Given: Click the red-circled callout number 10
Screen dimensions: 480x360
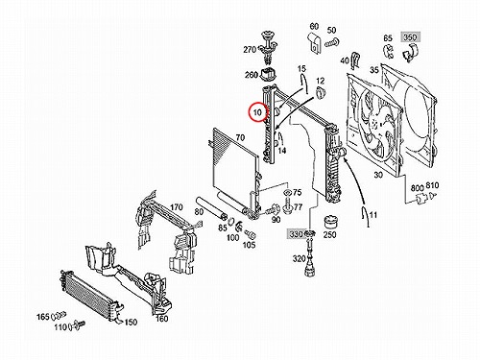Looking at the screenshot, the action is tap(257, 112).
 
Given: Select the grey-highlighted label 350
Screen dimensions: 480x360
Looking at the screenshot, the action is tap(410, 37).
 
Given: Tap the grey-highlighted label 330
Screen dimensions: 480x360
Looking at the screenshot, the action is tap(296, 234).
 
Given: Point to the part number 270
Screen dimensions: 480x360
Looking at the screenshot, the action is tap(250, 50).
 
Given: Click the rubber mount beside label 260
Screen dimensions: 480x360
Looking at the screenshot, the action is tap(268, 75).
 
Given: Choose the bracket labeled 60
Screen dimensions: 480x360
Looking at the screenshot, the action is tap(315, 42).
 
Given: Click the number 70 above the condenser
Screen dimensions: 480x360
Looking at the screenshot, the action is tap(240, 137).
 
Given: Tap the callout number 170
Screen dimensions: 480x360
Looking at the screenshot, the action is tap(177, 207).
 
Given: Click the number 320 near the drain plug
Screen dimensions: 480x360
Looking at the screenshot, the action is tap(299, 258).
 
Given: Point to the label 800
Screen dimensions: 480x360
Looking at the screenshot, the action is tap(418, 187).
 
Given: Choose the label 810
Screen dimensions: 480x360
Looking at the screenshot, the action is tap(433, 185).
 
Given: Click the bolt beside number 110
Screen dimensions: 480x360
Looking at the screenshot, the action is tap(78, 325).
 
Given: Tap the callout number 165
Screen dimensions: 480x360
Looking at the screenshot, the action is tap(42, 317).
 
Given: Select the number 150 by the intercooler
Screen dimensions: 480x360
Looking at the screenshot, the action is tap(131, 322).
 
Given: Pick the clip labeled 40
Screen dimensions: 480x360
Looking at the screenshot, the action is tap(355, 60).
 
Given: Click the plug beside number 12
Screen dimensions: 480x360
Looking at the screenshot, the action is tap(321, 93).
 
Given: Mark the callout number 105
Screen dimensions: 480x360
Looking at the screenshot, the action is tap(249, 245).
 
